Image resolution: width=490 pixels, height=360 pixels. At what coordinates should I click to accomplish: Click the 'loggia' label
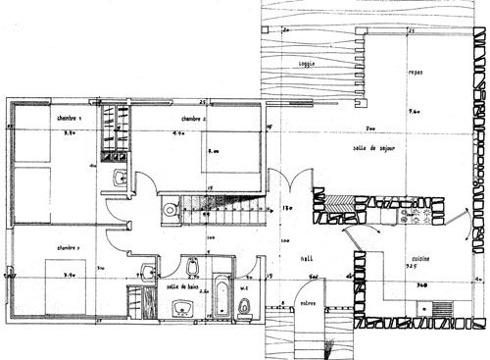310,65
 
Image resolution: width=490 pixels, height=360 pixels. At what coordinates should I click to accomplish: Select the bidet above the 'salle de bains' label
193,267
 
